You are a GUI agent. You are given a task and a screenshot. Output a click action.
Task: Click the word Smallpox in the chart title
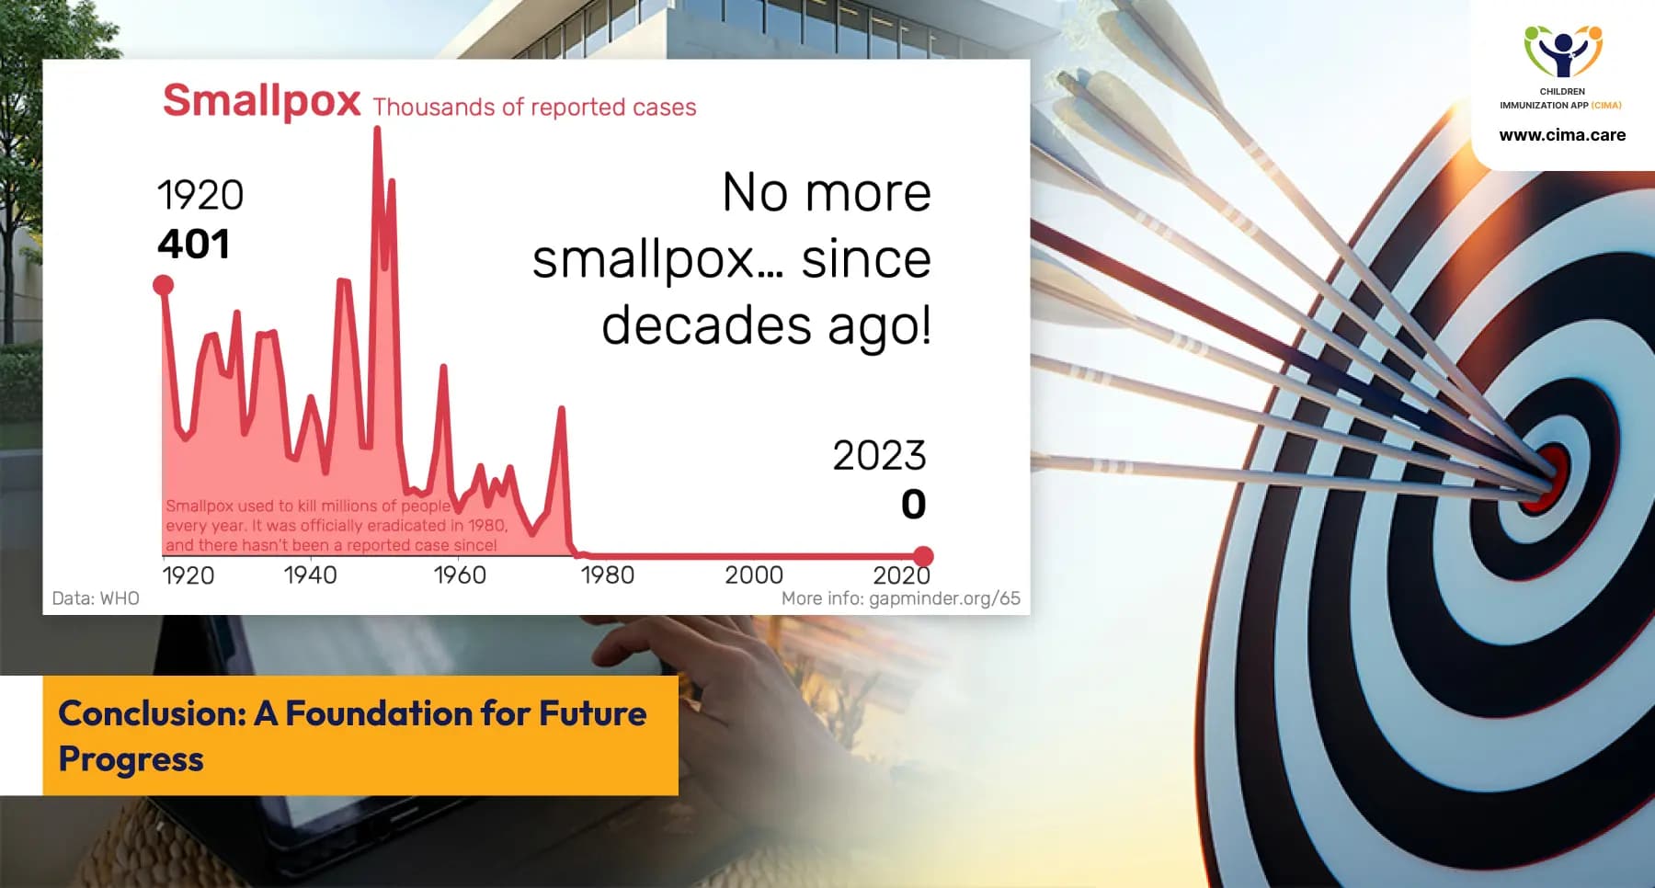pyautogui.click(x=261, y=101)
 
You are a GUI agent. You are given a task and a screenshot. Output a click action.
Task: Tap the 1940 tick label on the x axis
pyautogui.click(x=310, y=575)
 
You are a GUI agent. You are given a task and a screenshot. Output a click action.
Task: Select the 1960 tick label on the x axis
pyautogui.click(x=460, y=575)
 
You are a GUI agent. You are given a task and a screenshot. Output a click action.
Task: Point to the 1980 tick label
pyautogui.click(x=608, y=575)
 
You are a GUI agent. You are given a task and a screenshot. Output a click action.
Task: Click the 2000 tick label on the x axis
pyautogui.click(x=754, y=575)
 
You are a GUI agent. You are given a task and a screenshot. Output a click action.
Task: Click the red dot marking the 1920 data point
pyautogui.click(x=164, y=285)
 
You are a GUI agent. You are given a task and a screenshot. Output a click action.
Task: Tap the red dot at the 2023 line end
pyautogui.click(x=923, y=556)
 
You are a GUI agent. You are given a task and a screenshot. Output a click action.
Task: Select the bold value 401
pyautogui.click(x=193, y=245)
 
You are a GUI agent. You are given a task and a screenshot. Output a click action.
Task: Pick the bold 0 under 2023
pyautogui.click(x=913, y=504)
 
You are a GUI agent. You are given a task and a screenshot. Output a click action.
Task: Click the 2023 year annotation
pyautogui.click(x=879, y=456)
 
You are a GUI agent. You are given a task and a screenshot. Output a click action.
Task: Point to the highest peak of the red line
pyautogui.click(x=377, y=129)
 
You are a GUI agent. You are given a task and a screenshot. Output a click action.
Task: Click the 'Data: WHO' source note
pyautogui.click(x=96, y=598)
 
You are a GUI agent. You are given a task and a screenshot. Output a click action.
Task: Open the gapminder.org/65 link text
pyautogui.click(x=944, y=599)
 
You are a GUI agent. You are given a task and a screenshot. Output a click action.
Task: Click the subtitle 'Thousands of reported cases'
pyautogui.click(x=534, y=108)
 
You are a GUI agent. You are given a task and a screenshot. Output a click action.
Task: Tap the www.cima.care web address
pyautogui.click(x=1562, y=135)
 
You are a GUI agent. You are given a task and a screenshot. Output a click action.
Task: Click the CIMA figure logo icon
pyautogui.click(x=1563, y=51)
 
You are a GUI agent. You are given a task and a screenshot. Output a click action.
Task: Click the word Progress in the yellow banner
pyautogui.click(x=131, y=760)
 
